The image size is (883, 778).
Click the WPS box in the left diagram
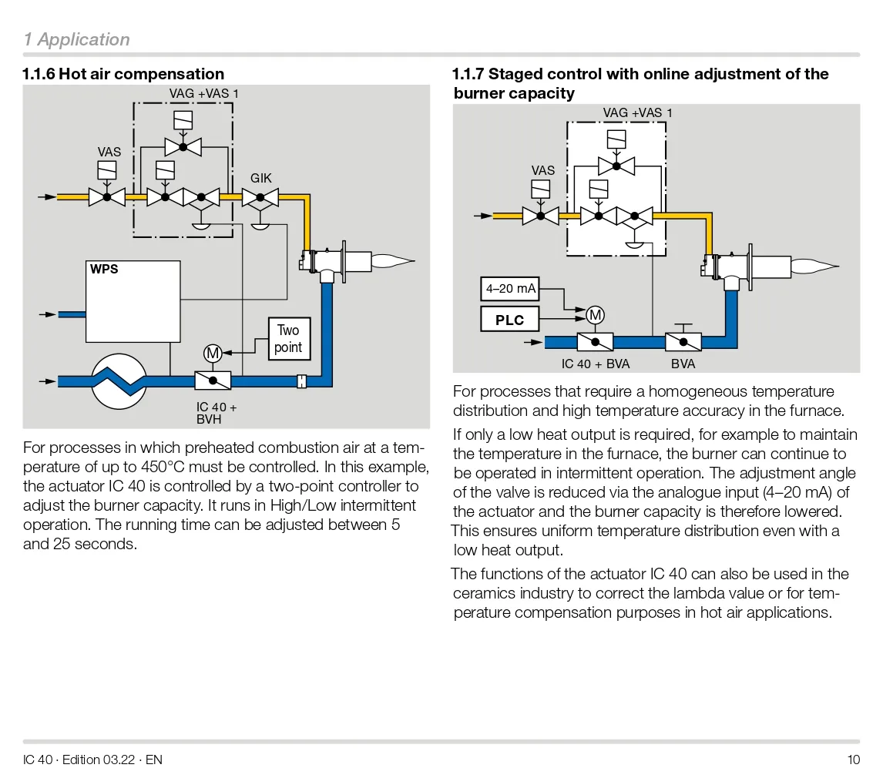pyautogui.click(x=133, y=301)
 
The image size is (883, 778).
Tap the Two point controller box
pyautogui.click(x=288, y=339)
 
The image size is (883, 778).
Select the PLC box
pyautogui.click(x=509, y=319)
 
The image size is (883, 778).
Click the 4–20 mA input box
pyautogui.click(x=509, y=290)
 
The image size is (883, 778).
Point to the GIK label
pyautogui.click(x=261, y=179)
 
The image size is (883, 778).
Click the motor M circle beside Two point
pyautogui.click(x=213, y=353)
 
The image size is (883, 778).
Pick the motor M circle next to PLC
pyautogui.click(x=595, y=314)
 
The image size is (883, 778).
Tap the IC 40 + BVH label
pyautogui.click(x=217, y=413)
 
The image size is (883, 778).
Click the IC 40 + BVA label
pyautogui.click(x=596, y=364)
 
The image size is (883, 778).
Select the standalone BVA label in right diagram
pyautogui.click(x=683, y=364)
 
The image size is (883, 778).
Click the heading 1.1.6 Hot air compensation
pyautogui.click(x=123, y=74)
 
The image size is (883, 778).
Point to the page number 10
pyautogui.click(x=853, y=760)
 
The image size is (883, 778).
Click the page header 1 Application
pyautogui.click(x=76, y=39)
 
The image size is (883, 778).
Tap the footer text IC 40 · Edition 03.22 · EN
pyautogui.click(x=92, y=760)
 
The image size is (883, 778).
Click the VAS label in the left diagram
pyautogui.click(x=109, y=153)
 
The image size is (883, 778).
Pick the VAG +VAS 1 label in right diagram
pyautogui.click(x=637, y=113)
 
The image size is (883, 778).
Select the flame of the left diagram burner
pyautogui.click(x=393, y=261)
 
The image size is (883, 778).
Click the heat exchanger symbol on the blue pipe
pyautogui.click(x=119, y=380)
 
